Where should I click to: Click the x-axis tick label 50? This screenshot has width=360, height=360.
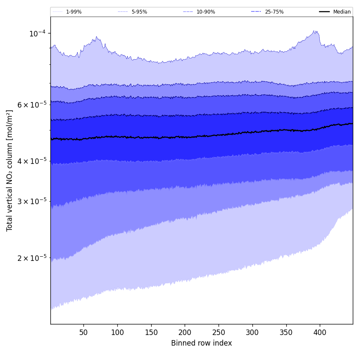tap(83, 332)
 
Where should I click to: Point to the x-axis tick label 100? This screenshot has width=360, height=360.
tap(117, 332)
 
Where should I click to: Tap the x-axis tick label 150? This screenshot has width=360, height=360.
tap(151, 332)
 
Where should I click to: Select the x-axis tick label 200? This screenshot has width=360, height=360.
tap(185, 332)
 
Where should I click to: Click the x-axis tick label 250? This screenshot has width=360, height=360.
tap(219, 332)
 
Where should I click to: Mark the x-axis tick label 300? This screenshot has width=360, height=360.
tap(252, 332)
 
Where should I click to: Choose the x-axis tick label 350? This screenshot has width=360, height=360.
tap(286, 332)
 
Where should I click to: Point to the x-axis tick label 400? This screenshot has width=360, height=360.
tap(320, 332)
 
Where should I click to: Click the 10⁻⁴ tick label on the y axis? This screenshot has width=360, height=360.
tap(37, 33)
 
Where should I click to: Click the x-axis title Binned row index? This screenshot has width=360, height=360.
tap(202, 343)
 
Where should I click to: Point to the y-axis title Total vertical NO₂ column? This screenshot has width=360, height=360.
tap(10, 170)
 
